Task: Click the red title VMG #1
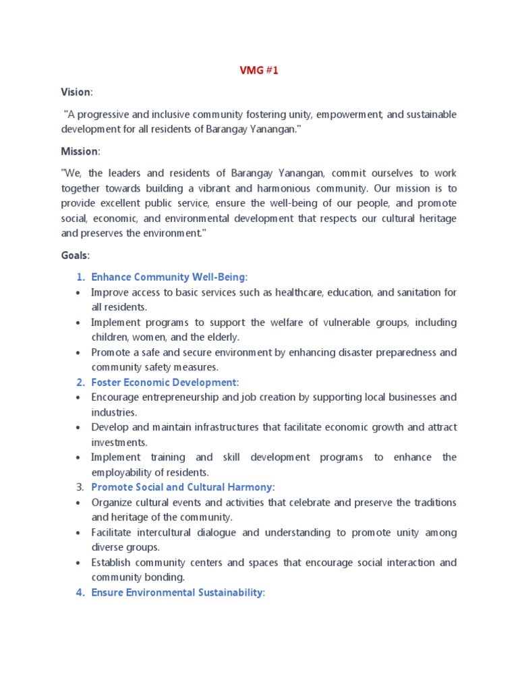coord(259,70)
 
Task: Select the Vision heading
coord(75,92)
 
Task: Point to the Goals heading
coord(75,256)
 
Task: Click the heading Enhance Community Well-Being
coord(169,277)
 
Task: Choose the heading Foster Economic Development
coord(165,383)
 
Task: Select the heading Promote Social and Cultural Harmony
coord(182,487)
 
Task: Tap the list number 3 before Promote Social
coord(79,487)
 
